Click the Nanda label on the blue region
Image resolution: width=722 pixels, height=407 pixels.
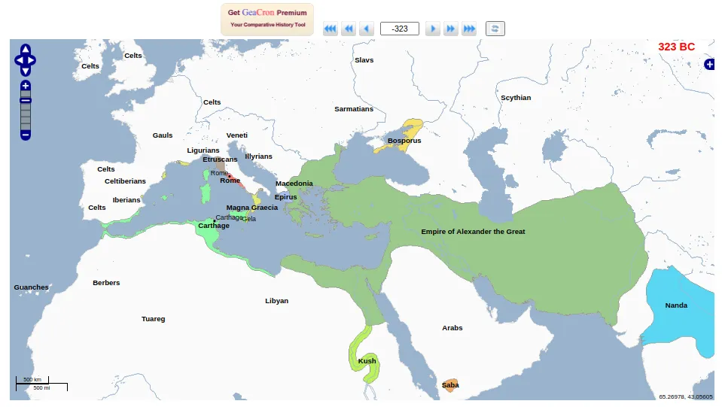[x=676, y=305]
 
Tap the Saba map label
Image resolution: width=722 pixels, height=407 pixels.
[x=450, y=385]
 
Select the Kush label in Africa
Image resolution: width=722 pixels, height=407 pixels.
[x=367, y=361]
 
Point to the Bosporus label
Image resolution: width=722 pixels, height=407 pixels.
[x=404, y=141]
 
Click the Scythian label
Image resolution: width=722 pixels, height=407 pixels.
[x=516, y=98]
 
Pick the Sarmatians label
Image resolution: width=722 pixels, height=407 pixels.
[x=354, y=109]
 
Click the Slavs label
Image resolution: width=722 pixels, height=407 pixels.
[x=364, y=60]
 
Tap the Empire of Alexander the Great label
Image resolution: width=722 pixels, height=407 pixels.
[x=473, y=232]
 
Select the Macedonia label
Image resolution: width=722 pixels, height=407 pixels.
[x=294, y=184]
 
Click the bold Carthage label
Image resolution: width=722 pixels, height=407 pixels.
[x=214, y=226]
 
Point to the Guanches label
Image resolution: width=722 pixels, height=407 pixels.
[x=31, y=287]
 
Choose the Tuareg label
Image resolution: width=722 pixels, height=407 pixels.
[x=153, y=319]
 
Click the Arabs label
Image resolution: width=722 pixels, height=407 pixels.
[x=452, y=328]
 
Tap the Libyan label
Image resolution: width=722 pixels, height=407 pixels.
[x=276, y=301]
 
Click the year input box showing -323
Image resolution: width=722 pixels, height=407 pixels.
[x=400, y=29]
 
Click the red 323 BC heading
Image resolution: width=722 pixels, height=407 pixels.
[x=676, y=47]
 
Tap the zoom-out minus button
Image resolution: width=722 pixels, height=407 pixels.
[x=26, y=135]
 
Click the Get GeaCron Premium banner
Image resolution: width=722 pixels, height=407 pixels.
[x=267, y=19]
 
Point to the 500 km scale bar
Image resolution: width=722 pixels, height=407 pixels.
[x=32, y=380]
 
